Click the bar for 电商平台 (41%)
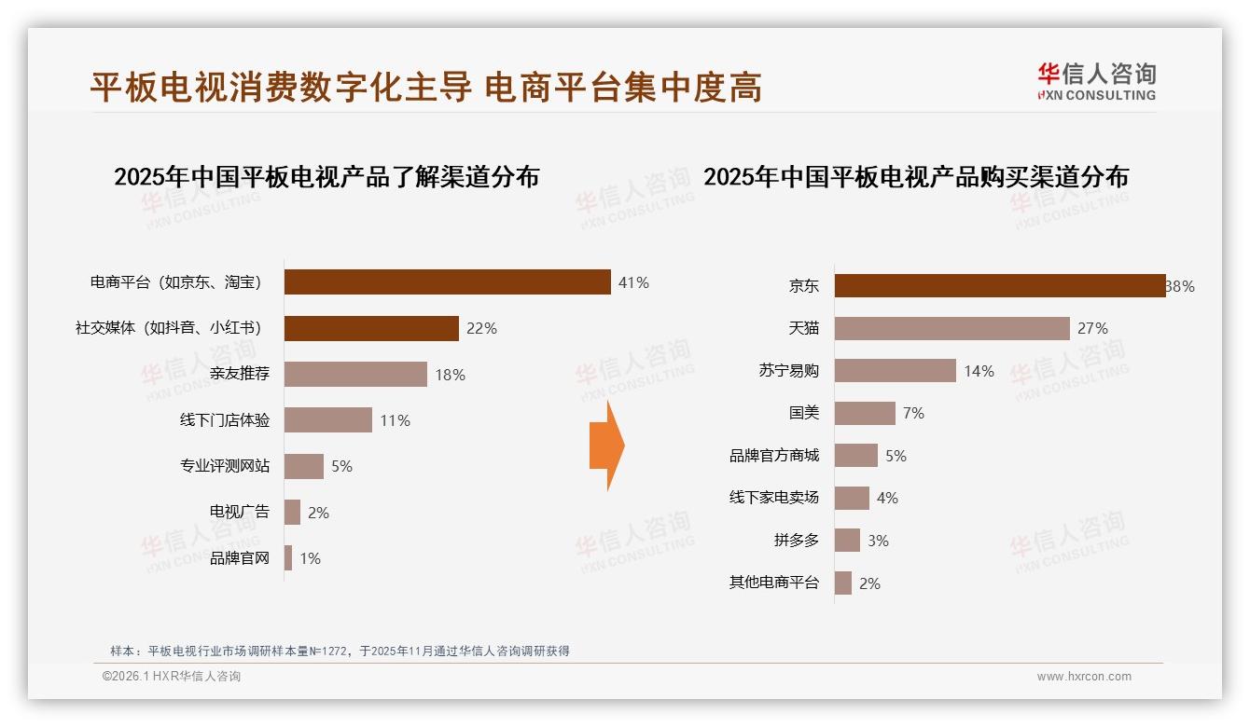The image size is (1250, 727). pos(447,282)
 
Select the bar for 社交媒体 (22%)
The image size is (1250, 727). pos(371,328)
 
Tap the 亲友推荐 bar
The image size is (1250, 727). pos(355,375)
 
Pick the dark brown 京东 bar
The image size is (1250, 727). pos(999,286)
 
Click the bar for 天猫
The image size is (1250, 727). pos(951,328)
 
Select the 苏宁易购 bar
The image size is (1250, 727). pos(895,371)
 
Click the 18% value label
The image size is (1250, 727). pos(450,375)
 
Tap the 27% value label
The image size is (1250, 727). pos(1092,328)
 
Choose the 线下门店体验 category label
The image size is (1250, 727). pos(225,420)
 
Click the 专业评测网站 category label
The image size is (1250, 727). pos(225,466)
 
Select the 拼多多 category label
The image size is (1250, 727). pos(796,541)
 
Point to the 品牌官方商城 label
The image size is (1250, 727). pos(773,456)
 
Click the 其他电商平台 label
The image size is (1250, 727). pos(773,583)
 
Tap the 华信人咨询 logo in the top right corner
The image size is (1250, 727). pos(1096,82)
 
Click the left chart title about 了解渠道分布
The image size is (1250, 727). pos(326,176)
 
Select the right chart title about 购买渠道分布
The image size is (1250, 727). pos(915,176)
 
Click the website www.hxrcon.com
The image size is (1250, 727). pos(1083,677)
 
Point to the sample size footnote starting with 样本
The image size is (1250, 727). pos(340,651)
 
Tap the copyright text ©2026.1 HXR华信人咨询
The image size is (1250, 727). pos(172,677)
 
